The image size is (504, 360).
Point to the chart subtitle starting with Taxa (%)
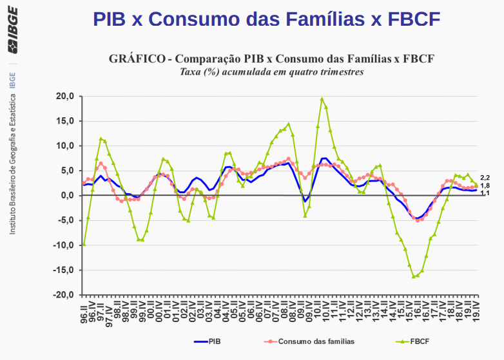[x=271, y=71]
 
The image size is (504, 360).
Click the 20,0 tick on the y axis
[x=66, y=96]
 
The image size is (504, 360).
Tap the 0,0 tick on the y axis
[x=68, y=196]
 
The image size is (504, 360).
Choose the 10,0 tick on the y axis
[x=66, y=146]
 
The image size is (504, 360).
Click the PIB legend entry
[x=208, y=341]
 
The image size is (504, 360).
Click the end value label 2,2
[x=485, y=177]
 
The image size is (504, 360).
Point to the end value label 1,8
[x=485, y=185]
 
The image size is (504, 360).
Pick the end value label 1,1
[x=485, y=193]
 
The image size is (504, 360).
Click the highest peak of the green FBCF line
[x=322, y=99]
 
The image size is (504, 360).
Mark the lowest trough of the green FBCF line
[x=414, y=277]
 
